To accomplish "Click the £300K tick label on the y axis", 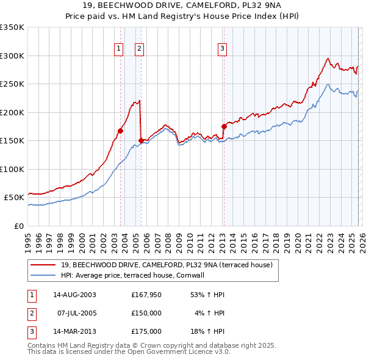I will tap(12, 56).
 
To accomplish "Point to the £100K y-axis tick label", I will tap(12, 169).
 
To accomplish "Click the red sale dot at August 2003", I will tap(120, 131).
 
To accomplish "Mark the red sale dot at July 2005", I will tap(141, 140).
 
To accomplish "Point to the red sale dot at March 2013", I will tap(224, 126).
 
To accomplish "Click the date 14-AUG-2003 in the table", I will tap(74, 295).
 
